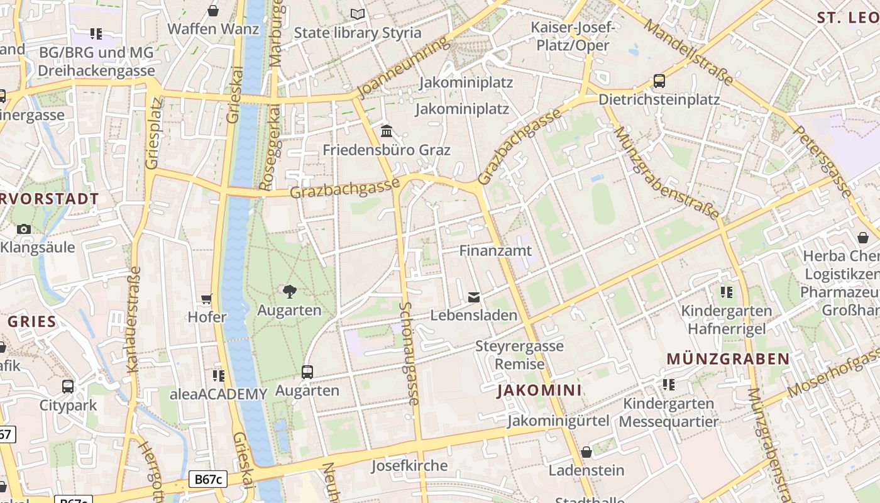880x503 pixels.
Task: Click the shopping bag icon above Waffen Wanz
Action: tap(213, 11)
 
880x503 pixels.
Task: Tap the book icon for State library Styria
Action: tap(358, 14)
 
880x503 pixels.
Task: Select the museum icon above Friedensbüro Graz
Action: tap(387, 131)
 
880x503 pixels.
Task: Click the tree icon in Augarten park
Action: tap(289, 291)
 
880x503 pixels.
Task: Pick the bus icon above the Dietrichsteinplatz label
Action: tap(659, 81)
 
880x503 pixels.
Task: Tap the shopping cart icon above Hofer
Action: tap(207, 298)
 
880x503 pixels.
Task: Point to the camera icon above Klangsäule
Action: tap(24, 229)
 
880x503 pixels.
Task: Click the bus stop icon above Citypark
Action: tap(68, 386)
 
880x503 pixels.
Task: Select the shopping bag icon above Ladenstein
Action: tap(586, 451)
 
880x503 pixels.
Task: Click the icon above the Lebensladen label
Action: tap(474, 297)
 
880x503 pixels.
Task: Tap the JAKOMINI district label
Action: tap(539, 390)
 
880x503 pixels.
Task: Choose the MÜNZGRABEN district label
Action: tap(728, 359)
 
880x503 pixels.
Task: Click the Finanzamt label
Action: tap(495, 250)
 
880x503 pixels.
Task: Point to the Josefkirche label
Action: tap(409, 466)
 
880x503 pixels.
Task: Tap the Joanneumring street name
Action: tap(404, 68)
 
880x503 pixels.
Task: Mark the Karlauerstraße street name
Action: tap(134, 319)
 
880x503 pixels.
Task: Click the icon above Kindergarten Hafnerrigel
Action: tap(727, 292)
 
